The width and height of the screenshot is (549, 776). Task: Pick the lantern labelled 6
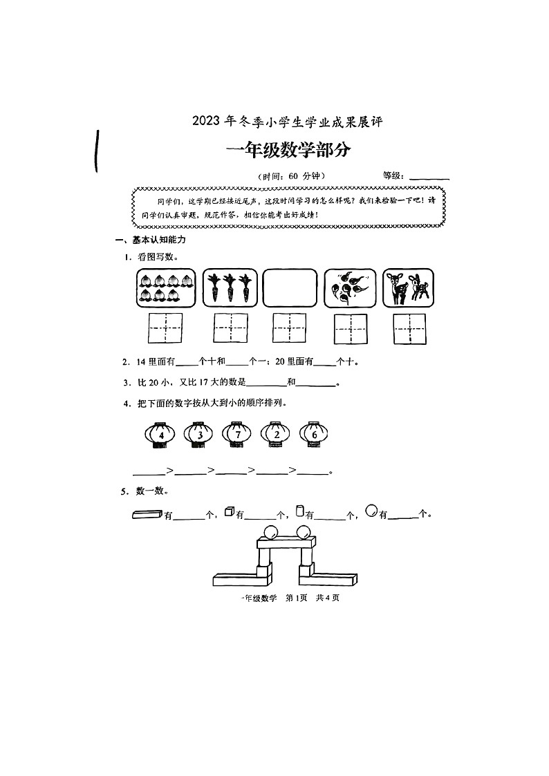[315, 435]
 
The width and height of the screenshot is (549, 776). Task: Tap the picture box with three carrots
[230, 288]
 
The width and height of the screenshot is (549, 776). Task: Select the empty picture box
[290, 288]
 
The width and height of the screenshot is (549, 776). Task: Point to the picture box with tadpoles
[350, 288]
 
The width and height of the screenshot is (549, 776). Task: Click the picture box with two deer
[409, 288]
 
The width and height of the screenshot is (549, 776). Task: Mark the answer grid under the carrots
[230, 328]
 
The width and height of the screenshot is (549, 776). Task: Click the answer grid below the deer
[409, 328]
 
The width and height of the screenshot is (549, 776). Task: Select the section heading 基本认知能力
[159, 240]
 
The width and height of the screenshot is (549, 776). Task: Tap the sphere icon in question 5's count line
[371, 511]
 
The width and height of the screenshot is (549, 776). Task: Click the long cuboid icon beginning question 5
[146, 513]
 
